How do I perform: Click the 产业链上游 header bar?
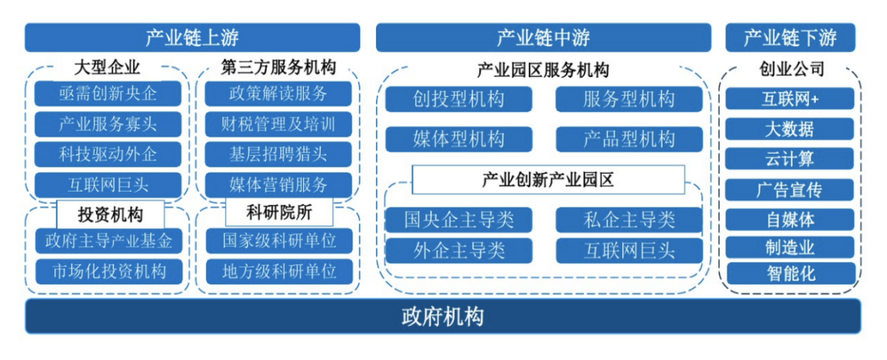(x=193, y=38)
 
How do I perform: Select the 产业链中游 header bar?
(x=543, y=38)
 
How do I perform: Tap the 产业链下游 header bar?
(x=790, y=38)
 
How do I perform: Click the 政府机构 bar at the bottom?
(x=443, y=317)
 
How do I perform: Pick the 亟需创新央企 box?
(x=108, y=93)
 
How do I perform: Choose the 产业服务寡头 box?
(x=108, y=124)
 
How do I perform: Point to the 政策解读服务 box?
(x=278, y=93)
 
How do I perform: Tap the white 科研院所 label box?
(x=279, y=211)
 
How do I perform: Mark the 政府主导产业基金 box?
(x=108, y=241)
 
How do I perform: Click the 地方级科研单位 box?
(x=279, y=270)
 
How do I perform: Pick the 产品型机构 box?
(x=629, y=139)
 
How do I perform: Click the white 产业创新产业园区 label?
(x=548, y=179)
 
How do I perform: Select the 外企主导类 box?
(x=459, y=249)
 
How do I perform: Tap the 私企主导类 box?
(x=629, y=220)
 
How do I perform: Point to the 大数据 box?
(x=790, y=129)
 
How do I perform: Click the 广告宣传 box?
(x=790, y=189)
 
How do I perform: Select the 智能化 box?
(x=790, y=272)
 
